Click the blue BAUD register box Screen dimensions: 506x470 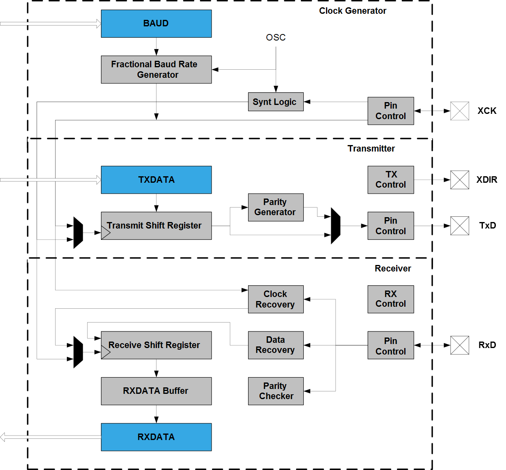[156, 23]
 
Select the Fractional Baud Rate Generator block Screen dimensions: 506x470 [156, 70]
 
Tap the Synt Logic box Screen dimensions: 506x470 [276, 102]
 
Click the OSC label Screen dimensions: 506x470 [276, 37]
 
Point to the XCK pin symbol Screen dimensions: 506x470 [460, 111]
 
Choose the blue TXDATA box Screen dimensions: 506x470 [156, 180]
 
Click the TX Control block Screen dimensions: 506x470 [390, 180]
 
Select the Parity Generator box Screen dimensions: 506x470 [276, 207]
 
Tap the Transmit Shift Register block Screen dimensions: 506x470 [156, 226]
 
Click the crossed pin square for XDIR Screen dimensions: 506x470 [460, 180]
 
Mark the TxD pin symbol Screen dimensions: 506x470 [460, 226]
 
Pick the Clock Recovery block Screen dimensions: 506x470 [276, 299]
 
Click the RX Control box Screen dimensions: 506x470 [390, 299]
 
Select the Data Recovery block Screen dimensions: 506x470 [276, 345]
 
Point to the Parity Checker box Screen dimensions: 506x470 [276, 391]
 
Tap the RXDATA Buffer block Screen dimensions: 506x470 [156, 391]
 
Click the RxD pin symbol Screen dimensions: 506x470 [460, 345]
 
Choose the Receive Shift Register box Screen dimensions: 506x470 [156, 345]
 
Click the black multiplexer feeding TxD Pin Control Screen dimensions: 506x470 [336, 226]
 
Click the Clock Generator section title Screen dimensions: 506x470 [353, 11]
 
